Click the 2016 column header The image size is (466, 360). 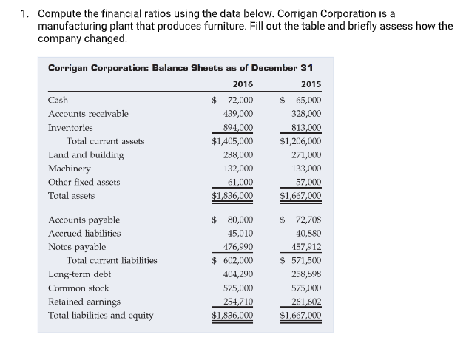243,84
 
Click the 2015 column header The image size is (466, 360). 311,84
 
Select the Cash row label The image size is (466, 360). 58,100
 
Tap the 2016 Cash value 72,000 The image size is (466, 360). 238,100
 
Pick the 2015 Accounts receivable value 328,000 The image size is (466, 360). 306,114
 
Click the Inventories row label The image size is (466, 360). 70,127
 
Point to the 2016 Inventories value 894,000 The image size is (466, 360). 238,127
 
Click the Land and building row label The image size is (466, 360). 86,154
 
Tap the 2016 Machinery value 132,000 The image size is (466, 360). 238,169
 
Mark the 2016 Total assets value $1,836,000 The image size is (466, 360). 232,196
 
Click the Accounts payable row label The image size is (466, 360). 84,220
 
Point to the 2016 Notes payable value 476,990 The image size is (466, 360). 238,247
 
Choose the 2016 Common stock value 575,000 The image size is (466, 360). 238,288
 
